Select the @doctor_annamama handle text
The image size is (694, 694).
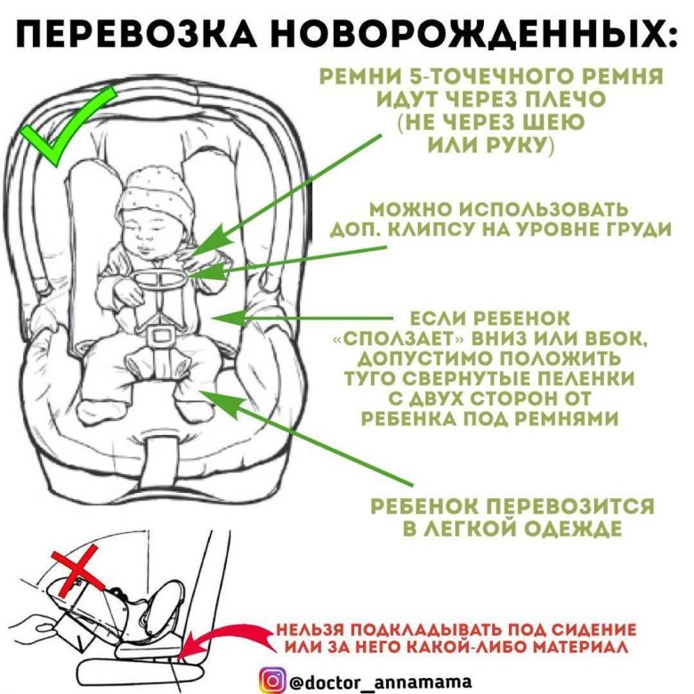380,681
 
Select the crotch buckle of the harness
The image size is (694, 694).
159,336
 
